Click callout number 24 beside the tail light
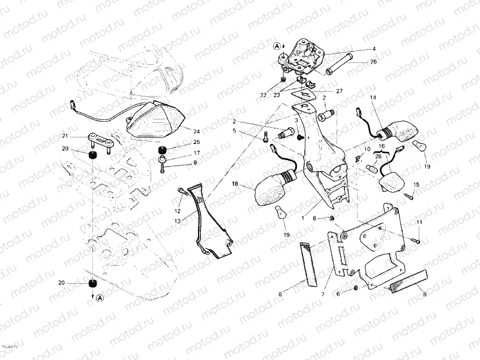click(x=196, y=130)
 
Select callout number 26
click(x=373, y=62)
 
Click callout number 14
click(x=373, y=97)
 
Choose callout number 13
click(x=178, y=221)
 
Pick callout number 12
click(x=178, y=211)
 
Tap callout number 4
click(x=373, y=49)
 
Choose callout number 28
click(x=377, y=157)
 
